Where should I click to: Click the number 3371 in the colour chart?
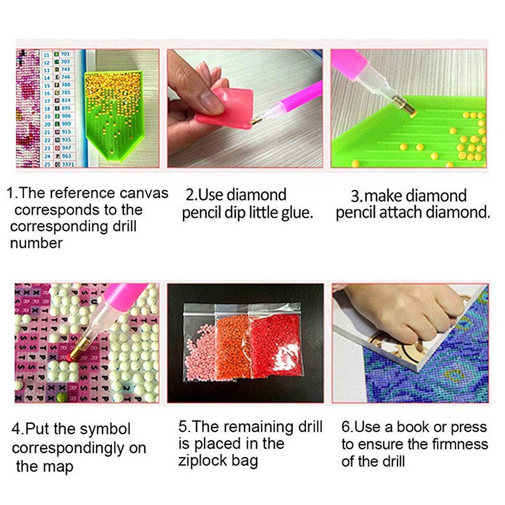click(67, 164)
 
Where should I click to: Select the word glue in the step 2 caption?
click(297, 213)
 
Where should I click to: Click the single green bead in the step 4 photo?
click(61, 397)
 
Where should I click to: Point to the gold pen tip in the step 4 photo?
click(75, 351)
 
